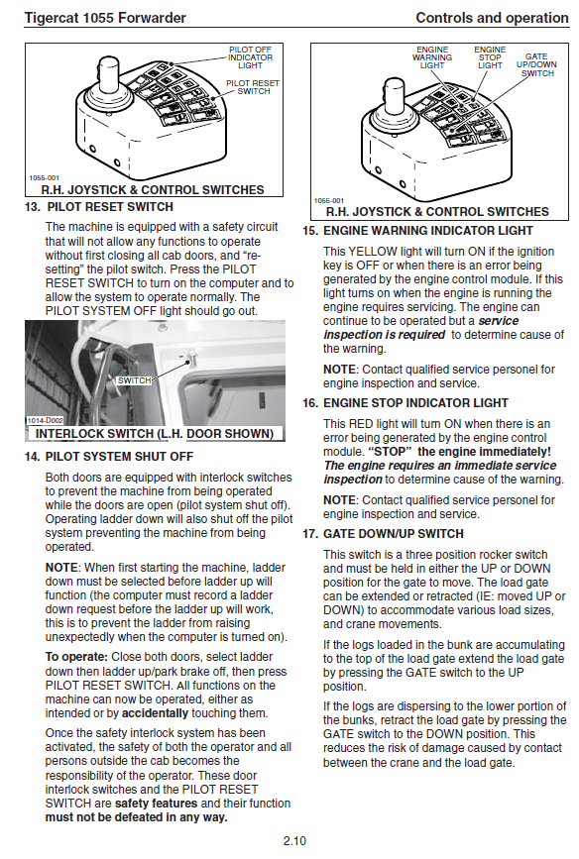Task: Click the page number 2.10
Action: point(294,840)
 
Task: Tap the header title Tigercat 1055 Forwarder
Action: point(105,18)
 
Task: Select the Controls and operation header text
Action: point(492,18)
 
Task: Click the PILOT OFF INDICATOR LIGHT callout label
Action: point(250,57)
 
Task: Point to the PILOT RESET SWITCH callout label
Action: point(253,87)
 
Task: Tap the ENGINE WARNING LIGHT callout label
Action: point(432,57)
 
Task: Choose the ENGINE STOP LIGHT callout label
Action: point(490,57)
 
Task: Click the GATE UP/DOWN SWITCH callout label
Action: point(536,64)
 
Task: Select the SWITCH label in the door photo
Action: point(134,380)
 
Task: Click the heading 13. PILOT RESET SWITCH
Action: point(99,207)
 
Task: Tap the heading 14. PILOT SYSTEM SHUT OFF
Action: point(109,457)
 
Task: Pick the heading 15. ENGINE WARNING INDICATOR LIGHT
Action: point(417,231)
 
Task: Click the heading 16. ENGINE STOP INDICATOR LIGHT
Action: point(405,403)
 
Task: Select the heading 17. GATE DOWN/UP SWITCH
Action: point(383,534)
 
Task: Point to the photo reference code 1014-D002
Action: point(45,420)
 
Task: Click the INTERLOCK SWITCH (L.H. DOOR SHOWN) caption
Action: point(155,434)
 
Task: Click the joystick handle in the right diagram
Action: point(395,96)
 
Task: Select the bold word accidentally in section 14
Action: point(156,713)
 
